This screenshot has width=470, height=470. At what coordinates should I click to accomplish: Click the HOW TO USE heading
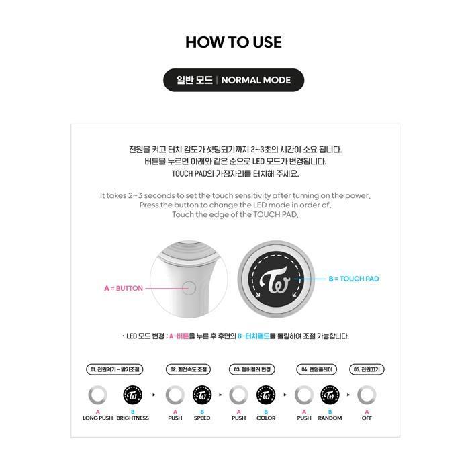234,42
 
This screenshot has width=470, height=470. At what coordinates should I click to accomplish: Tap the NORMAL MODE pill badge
234,80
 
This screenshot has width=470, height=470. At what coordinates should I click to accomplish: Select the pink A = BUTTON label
124,289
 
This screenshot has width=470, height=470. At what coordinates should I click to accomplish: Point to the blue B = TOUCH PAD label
354,279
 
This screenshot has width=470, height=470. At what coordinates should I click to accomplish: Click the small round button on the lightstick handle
190,289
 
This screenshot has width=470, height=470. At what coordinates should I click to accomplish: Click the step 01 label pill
116,369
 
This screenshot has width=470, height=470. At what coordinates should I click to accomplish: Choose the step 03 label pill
252,369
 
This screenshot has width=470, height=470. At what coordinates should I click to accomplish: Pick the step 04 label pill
316,369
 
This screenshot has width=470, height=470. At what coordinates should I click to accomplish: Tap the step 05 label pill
367,369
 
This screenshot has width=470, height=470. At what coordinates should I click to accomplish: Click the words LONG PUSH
98,418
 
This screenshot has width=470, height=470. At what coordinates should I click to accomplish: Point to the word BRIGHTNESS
133,418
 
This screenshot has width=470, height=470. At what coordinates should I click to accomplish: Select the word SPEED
202,418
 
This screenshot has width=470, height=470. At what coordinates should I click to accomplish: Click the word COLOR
266,418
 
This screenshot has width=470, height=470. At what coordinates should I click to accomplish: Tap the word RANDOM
330,418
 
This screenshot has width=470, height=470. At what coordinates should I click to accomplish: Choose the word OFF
367,418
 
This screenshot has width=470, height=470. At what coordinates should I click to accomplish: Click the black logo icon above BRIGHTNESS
133,395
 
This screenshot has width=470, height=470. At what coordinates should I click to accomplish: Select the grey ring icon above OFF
367,395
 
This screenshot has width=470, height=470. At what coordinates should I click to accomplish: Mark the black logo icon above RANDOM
330,395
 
